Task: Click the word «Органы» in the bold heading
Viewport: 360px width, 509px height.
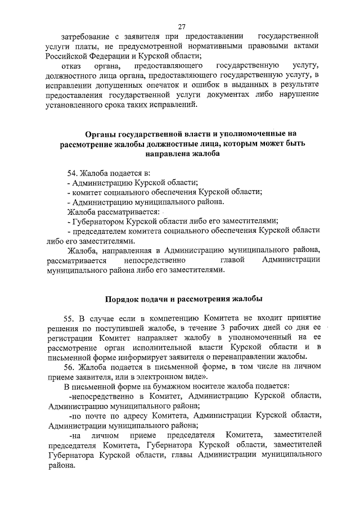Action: [x=101, y=134]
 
